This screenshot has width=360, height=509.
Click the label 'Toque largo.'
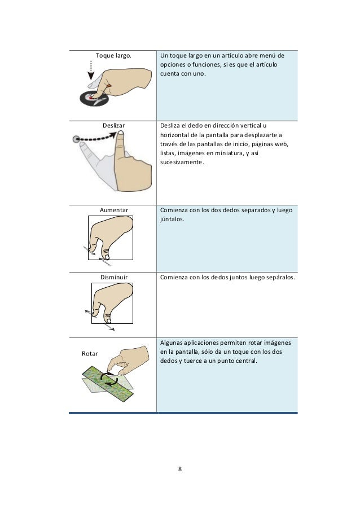(113, 55)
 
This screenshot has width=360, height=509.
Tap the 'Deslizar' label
(113, 125)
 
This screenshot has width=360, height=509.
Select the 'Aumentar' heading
(113, 210)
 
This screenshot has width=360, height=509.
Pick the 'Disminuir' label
(113, 277)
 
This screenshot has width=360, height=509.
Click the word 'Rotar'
(90, 353)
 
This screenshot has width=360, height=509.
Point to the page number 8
(180, 469)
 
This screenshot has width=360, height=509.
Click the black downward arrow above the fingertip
(91, 70)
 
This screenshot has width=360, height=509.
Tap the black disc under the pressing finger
(94, 99)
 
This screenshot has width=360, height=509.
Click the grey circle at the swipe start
(76, 139)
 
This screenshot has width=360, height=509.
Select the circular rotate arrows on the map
(109, 379)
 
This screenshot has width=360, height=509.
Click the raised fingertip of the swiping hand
(120, 133)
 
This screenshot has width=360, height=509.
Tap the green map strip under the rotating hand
(108, 385)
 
